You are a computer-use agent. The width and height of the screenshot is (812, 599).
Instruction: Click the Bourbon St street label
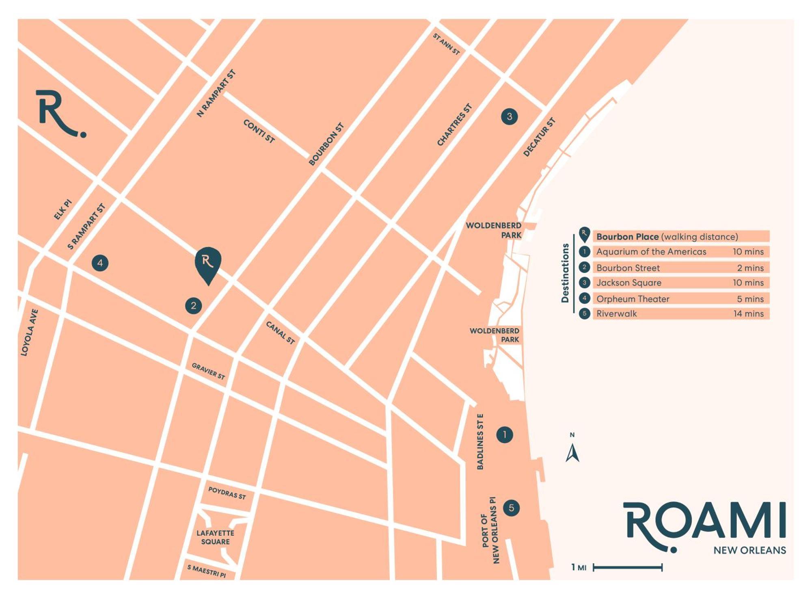pyautogui.click(x=326, y=144)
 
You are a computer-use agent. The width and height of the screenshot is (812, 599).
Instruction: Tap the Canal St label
pyautogui.click(x=280, y=333)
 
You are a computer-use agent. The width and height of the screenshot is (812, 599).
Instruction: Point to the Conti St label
pyautogui.click(x=259, y=131)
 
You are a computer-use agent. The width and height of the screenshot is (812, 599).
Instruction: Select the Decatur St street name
pyautogui.click(x=539, y=137)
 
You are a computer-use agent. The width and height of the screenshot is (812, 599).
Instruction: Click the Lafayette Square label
pyautogui.click(x=215, y=537)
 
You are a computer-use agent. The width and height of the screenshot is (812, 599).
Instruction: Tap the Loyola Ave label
pyautogui.click(x=30, y=333)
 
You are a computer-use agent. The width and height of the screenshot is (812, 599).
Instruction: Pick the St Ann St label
pyautogui.click(x=446, y=44)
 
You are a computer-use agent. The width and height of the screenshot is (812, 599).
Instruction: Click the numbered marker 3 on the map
pyautogui.click(x=509, y=117)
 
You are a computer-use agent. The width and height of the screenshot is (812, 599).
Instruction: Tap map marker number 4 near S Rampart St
pyautogui.click(x=100, y=263)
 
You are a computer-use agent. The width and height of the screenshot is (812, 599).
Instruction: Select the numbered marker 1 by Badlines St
pyautogui.click(x=505, y=435)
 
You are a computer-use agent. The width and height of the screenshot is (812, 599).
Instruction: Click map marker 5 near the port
pyautogui.click(x=511, y=508)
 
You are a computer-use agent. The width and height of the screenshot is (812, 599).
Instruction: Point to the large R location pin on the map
pyautogui.click(x=208, y=263)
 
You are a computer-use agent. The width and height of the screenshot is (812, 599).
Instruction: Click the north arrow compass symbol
pyautogui.click(x=572, y=452)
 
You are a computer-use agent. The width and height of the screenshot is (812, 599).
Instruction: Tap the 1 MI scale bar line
pyautogui.click(x=628, y=567)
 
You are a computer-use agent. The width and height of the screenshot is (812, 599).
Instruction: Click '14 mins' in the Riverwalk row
pyautogui.click(x=748, y=314)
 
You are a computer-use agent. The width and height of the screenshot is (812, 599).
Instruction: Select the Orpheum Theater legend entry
pyautogui.click(x=633, y=299)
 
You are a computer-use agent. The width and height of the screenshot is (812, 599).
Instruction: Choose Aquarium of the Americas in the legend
pyautogui.click(x=651, y=252)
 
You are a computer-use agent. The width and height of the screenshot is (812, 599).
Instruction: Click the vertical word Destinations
pyautogui.click(x=565, y=273)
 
